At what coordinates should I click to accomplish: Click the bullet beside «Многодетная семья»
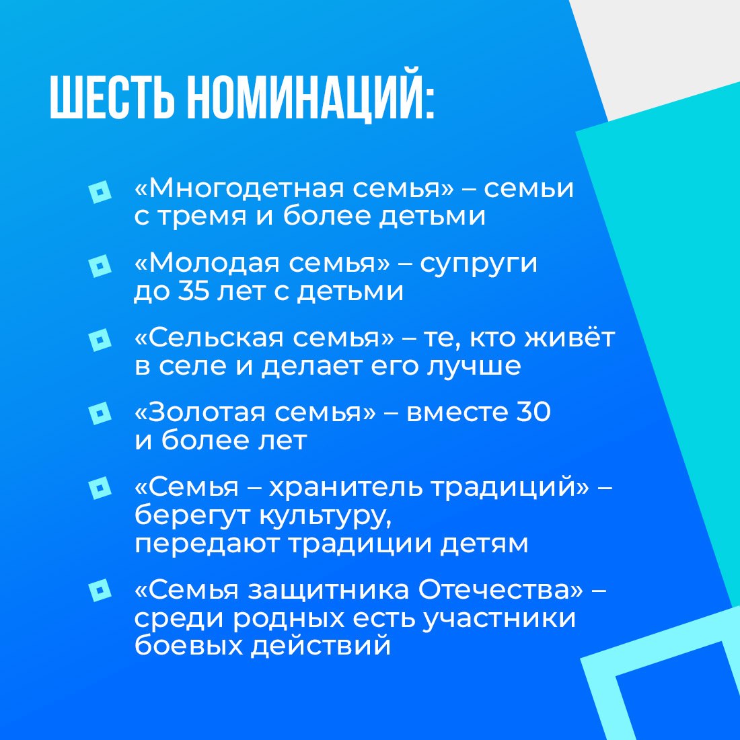(x=100, y=191)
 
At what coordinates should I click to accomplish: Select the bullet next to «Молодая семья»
(x=100, y=266)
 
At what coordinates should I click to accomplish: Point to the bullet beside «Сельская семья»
(x=100, y=340)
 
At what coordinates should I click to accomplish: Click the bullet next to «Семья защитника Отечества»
(x=100, y=592)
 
